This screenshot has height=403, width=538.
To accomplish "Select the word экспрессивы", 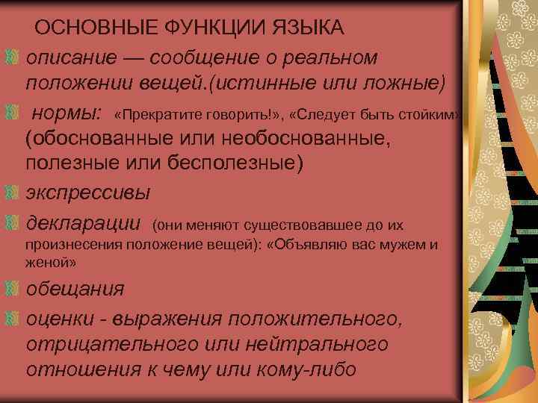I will (88, 192).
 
